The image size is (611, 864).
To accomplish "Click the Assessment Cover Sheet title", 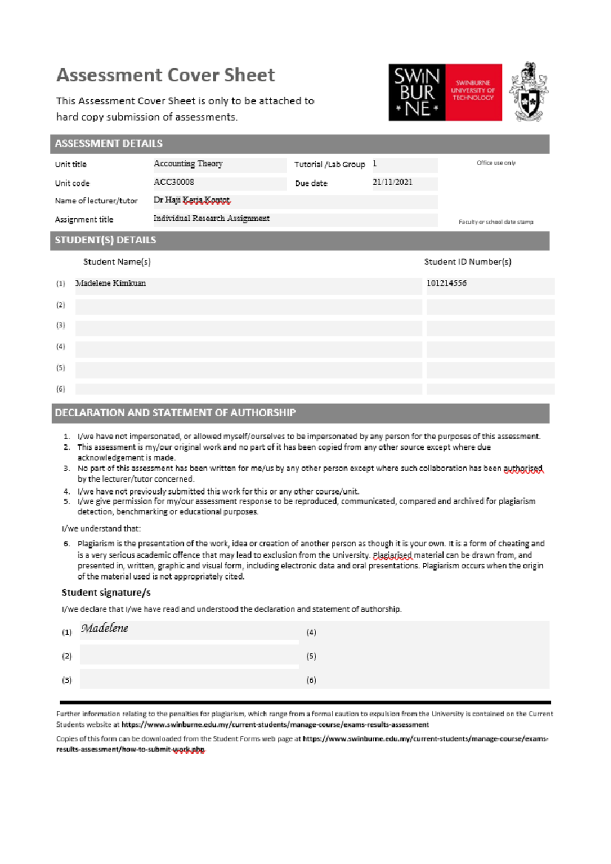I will point(165,75).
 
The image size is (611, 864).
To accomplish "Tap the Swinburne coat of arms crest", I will point(529,92).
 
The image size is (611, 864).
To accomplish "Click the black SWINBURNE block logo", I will point(417,92).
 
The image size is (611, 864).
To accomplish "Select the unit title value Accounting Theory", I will point(188,164).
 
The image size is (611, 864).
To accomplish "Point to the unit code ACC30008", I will point(174,182).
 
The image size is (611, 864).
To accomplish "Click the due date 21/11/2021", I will point(392,182).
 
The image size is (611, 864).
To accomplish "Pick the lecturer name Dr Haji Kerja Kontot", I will point(192,200).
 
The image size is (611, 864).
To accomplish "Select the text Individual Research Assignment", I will point(211,218).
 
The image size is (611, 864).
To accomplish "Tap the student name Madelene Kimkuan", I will point(110,283).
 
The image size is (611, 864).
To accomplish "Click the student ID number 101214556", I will point(447,283).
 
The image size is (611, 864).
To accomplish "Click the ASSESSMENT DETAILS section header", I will point(108,144).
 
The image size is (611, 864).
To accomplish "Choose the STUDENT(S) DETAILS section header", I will point(105,240).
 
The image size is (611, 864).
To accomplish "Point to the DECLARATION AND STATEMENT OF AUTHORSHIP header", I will point(175,413).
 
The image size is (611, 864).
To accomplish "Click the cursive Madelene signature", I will point(105,628).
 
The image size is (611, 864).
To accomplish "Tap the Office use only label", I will point(496,163).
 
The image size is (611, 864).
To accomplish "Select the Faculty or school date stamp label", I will point(496,222).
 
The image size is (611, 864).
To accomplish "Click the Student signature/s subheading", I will point(106,593).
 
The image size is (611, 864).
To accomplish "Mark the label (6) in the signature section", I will point(311,680).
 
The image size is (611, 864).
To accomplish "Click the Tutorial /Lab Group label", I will point(329,164).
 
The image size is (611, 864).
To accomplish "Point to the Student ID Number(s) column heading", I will point(467,262).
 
